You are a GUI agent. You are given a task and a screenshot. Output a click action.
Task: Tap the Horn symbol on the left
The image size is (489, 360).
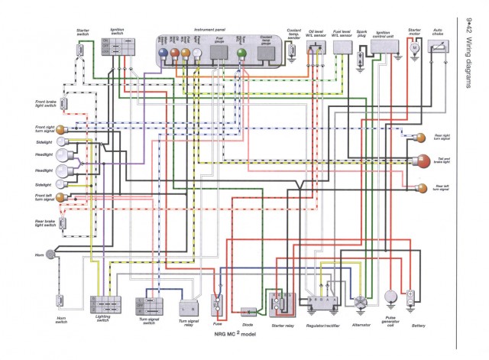50,254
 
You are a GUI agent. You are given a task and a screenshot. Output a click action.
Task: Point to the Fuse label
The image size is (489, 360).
216,323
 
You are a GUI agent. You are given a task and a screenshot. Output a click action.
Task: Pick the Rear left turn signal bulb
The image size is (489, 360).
422,187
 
